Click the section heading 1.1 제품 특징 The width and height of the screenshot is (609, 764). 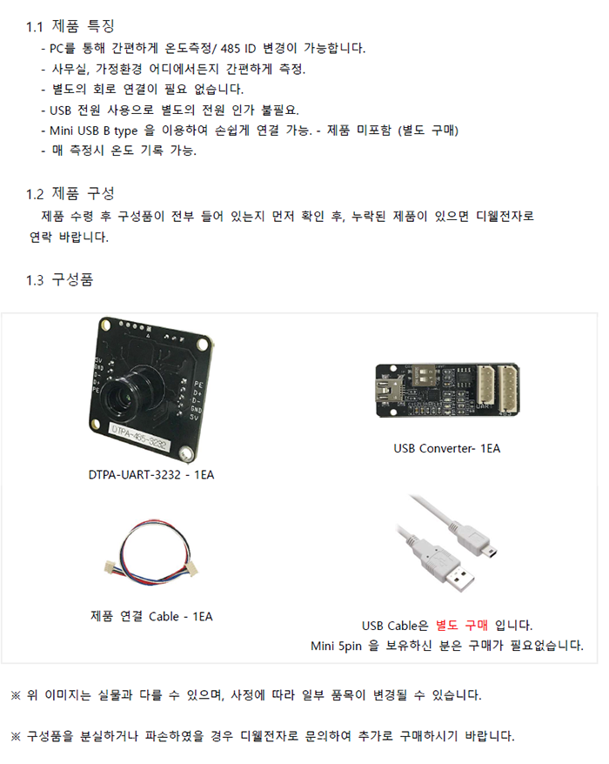point(70,26)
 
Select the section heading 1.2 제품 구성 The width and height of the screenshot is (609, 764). point(70,192)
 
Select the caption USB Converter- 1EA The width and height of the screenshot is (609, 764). point(446,449)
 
